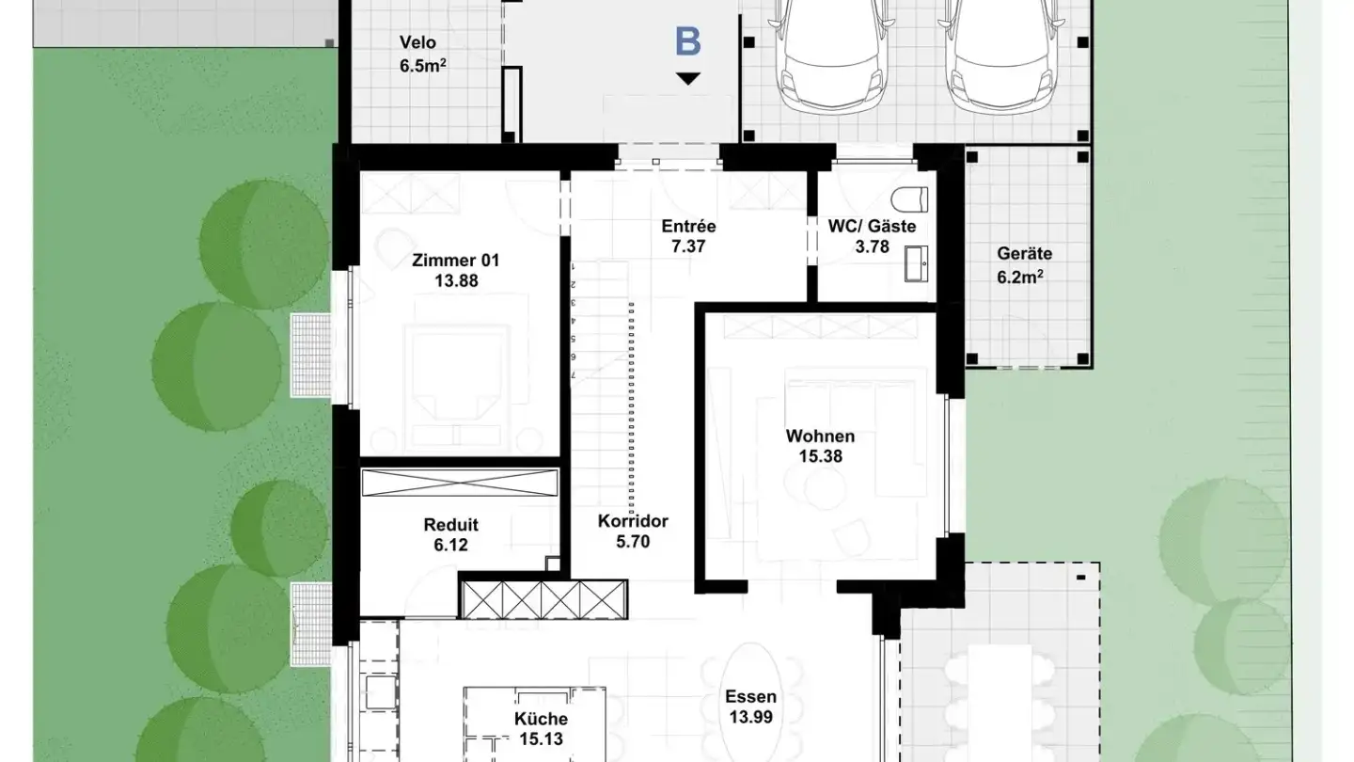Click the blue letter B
pyautogui.click(x=688, y=41)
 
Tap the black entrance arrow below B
pyautogui.click(x=688, y=78)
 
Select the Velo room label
pyautogui.click(x=417, y=43)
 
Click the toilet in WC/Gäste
pyautogui.click(x=910, y=199)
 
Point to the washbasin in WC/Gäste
pyautogui.click(x=917, y=263)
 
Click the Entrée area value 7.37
pyautogui.click(x=688, y=246)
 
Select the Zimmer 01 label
pyautogui.click(x=456, y=261)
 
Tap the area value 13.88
pyautogui.click(x=456, y=281)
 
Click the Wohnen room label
pyautogui.click(x=820, y=437)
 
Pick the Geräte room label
pyautogui.click(x=1025, y=253)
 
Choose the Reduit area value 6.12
pyautogui.click(x=451, y=546)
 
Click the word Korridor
pyautogui.click(x=633, y=521)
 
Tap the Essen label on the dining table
pyautogui.click(x=750, y=697)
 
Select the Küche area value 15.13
pyautogui.click(x=541, y=739)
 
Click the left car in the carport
pyautogui.click(x=831, y=56)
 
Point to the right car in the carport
pyautogui.click(x=1001, y=56)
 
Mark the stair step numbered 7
pyautogui.click(x=573, y=375)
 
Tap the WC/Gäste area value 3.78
pyautogui.click(x=873, y=246)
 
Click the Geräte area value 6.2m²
pyautogui.click(x=1020, y=277)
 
